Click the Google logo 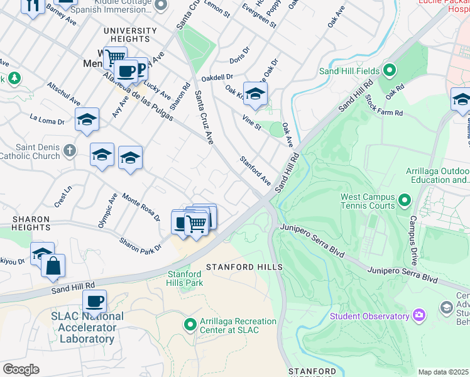tap(21, 369)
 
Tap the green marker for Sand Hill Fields tap(390, 70)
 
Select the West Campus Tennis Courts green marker tap(404, 201)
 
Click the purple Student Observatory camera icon tap(419, 315)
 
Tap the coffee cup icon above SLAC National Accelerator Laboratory tap(94, 302)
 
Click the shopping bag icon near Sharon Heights tap(53, 266)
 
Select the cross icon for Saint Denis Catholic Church tap(69, 151)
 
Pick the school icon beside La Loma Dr tap(87, 119)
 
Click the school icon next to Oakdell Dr tap(255, 94)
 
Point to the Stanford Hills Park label tap(185, 278)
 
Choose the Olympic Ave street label tap(107, 210)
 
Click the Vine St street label tap(251, 119)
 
